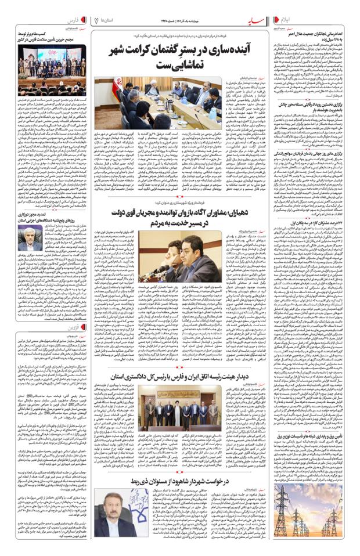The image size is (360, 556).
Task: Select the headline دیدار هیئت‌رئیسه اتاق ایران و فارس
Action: [x=174, y=377]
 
